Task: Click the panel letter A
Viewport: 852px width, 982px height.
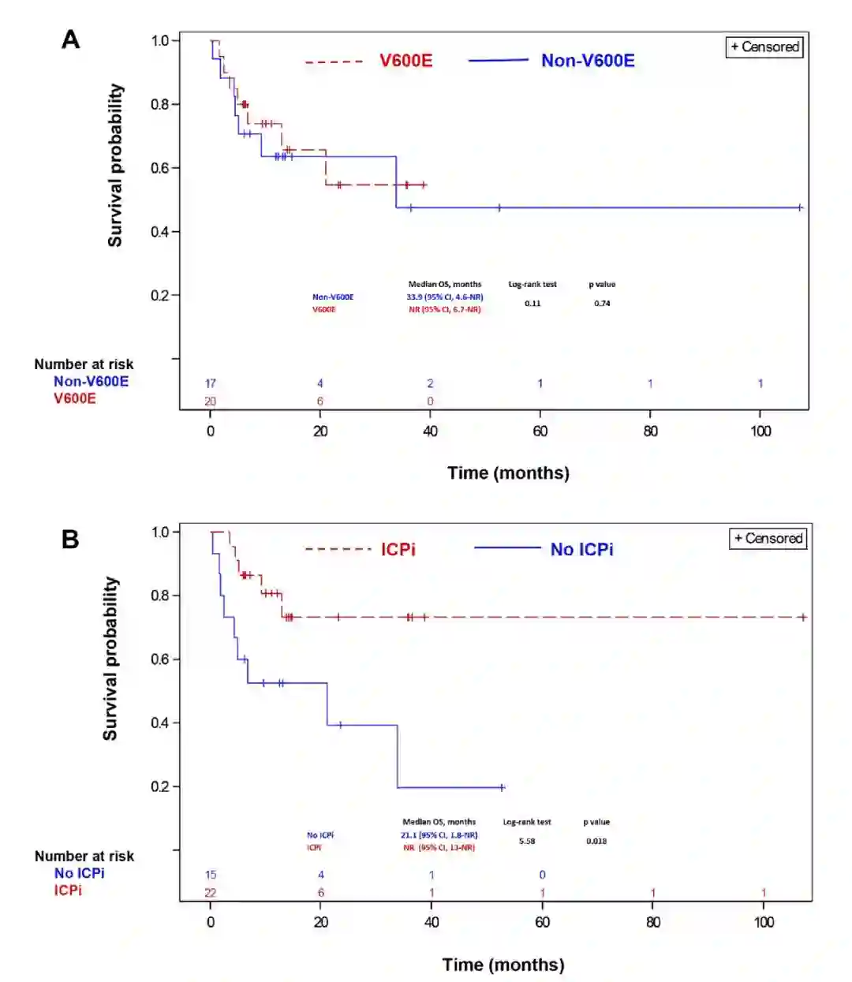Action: [71, 39]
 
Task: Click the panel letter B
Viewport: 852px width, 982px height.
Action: [70, 540]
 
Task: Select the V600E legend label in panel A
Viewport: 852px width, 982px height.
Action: [405, 61]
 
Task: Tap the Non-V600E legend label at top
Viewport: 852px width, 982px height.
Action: [587, 61]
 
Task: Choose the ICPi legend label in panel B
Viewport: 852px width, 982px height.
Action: [398, 549]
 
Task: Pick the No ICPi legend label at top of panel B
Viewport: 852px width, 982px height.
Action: [581, 549]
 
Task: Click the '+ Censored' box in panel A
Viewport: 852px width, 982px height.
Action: [764, 47]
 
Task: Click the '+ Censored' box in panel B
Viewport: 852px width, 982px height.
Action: [768, 538]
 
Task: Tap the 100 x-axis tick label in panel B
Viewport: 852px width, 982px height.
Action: [764, 922]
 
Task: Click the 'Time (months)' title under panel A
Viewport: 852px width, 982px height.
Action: [508, 472]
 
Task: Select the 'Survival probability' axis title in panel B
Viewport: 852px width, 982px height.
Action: [110, 659]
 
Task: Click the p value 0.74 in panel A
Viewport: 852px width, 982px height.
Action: [602, 303]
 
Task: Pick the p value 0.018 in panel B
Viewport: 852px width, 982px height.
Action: [596, 841]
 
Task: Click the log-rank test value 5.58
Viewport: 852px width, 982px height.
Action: [527, 841]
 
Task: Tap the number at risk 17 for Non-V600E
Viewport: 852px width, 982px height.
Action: [211, 383]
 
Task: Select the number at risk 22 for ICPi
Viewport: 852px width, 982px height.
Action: [211, 893]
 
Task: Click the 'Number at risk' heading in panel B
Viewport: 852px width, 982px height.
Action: [84, 856]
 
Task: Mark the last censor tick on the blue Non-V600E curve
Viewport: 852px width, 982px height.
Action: [800, 207]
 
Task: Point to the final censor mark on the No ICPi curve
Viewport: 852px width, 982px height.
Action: [502, 787]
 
